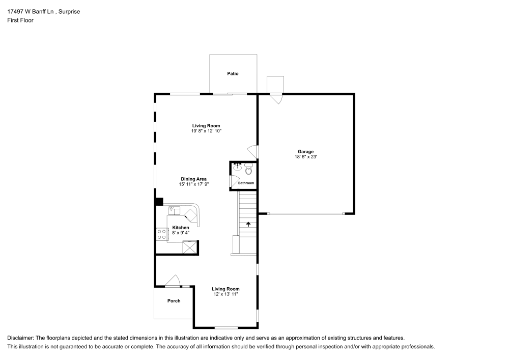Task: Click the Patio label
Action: coord(233,74)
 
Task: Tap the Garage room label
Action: coord(305,152)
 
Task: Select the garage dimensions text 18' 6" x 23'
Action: coord(305,157)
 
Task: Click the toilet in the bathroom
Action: coord(248,169)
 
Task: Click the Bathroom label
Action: coord(246,183)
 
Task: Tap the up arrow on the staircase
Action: coord(248,224)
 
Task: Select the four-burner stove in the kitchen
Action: coord(161,234)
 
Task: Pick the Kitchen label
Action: coord(181,228)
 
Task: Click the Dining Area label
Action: coord(193,179)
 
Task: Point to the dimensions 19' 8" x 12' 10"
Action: coord(206,131)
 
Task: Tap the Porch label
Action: coord(174,301)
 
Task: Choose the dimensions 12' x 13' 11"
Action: coord(226,294)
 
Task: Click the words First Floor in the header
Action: coord(20,20)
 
